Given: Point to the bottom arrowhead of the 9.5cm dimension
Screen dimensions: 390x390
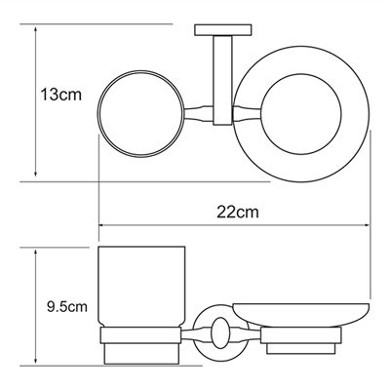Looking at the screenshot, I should (x=35, y=370).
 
